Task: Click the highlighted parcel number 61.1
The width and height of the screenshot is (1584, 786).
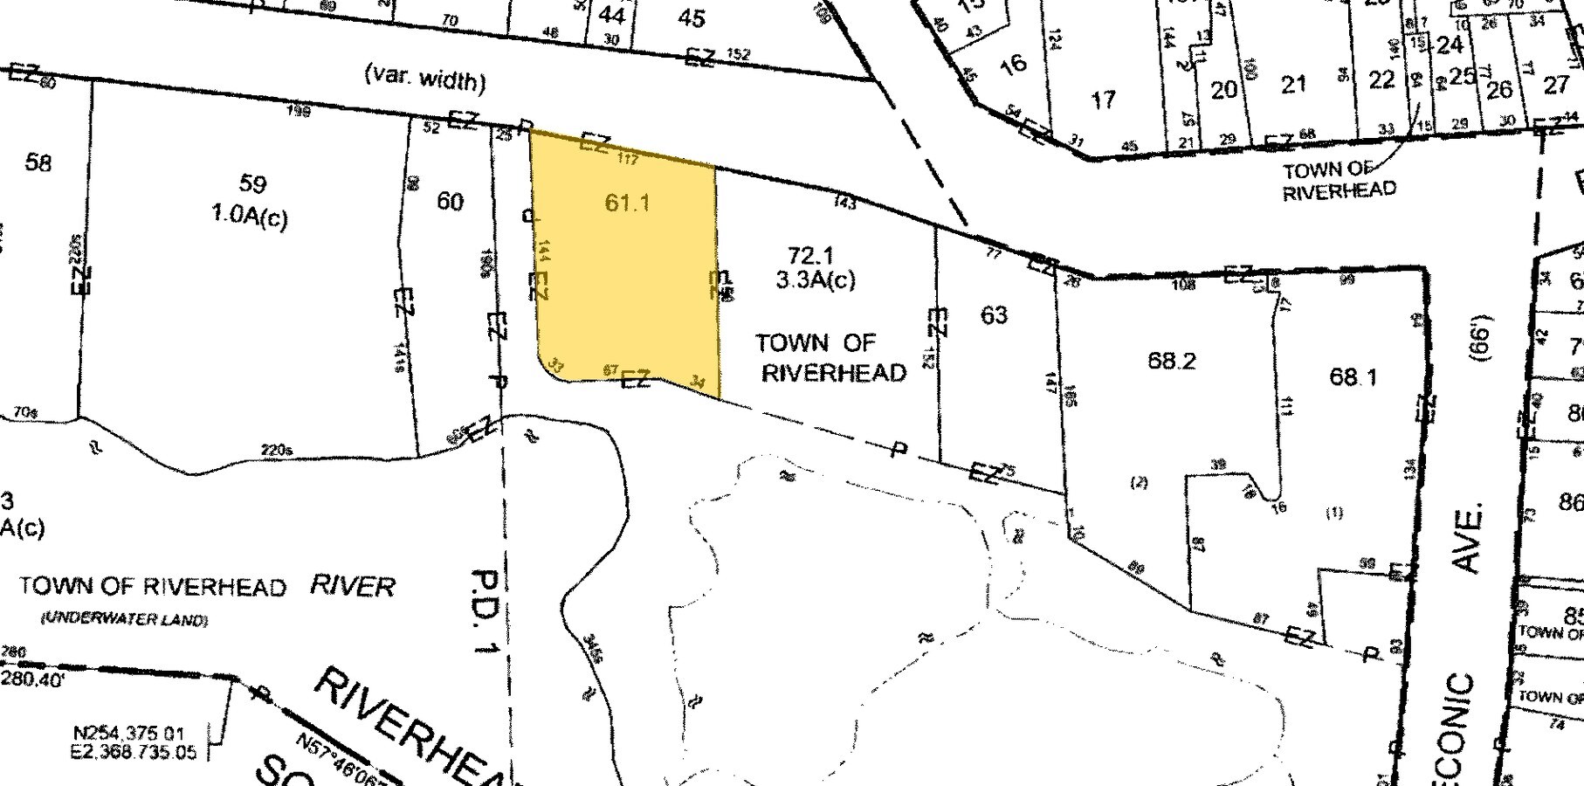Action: (627, 203)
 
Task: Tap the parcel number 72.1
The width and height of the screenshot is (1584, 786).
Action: (810, 256)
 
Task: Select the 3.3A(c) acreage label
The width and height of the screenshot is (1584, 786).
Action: (816, 279)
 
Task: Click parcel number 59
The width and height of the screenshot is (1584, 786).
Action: (252, 184)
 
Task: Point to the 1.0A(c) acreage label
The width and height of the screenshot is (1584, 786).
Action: (250, 216)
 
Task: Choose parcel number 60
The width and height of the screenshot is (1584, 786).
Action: (450, 202)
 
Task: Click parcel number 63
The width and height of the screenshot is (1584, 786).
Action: (994, 314)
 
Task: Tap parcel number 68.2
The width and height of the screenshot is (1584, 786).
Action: (1171, 361)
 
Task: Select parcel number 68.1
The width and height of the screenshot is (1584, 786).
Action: (1353, 376)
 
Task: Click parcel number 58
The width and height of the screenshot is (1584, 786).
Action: (38, 162)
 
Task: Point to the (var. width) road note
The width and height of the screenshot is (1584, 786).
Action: (424, 79)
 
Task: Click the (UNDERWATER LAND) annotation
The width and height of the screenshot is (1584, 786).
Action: (124, 619)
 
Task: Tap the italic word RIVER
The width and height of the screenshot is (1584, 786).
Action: (353, 586)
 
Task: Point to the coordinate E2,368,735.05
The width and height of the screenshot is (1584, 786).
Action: (135, 752)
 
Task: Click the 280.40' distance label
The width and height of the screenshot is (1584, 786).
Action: (33, 679)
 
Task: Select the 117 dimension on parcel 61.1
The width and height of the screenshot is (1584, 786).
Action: (628, 158)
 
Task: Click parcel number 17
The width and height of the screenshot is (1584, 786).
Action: (1104, 100)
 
